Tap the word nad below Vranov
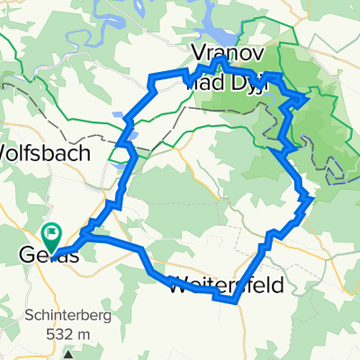(199, 83)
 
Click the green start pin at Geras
(52, 236)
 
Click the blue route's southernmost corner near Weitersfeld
(236, 303)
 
